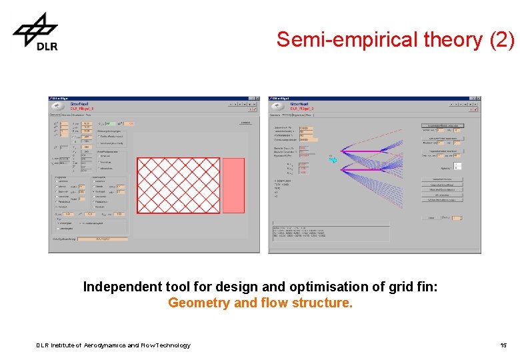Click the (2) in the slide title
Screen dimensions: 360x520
[x=501, y=40]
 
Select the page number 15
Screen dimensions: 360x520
[x=503, y=345]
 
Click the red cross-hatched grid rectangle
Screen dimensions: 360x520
[x=178, y=185]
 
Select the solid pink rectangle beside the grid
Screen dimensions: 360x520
[x=233, y=185]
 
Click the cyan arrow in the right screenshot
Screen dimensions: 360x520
[x=334, y=159]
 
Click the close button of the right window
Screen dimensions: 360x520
[x=477, y=98]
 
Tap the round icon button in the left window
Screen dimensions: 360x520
[x=59, y=105]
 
